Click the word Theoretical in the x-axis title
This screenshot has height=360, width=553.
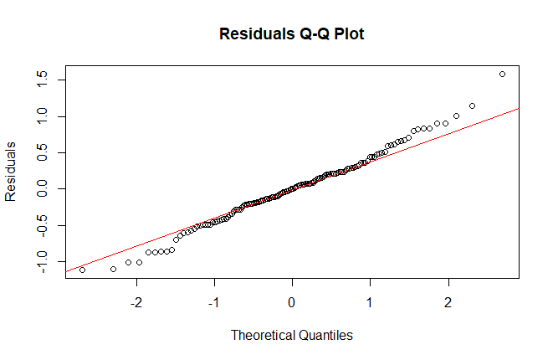pos(263,335)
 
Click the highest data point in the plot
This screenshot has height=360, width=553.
pos(502,74)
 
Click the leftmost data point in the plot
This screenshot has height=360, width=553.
pos(82,270)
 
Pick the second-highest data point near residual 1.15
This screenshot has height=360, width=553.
pos(473,105)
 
